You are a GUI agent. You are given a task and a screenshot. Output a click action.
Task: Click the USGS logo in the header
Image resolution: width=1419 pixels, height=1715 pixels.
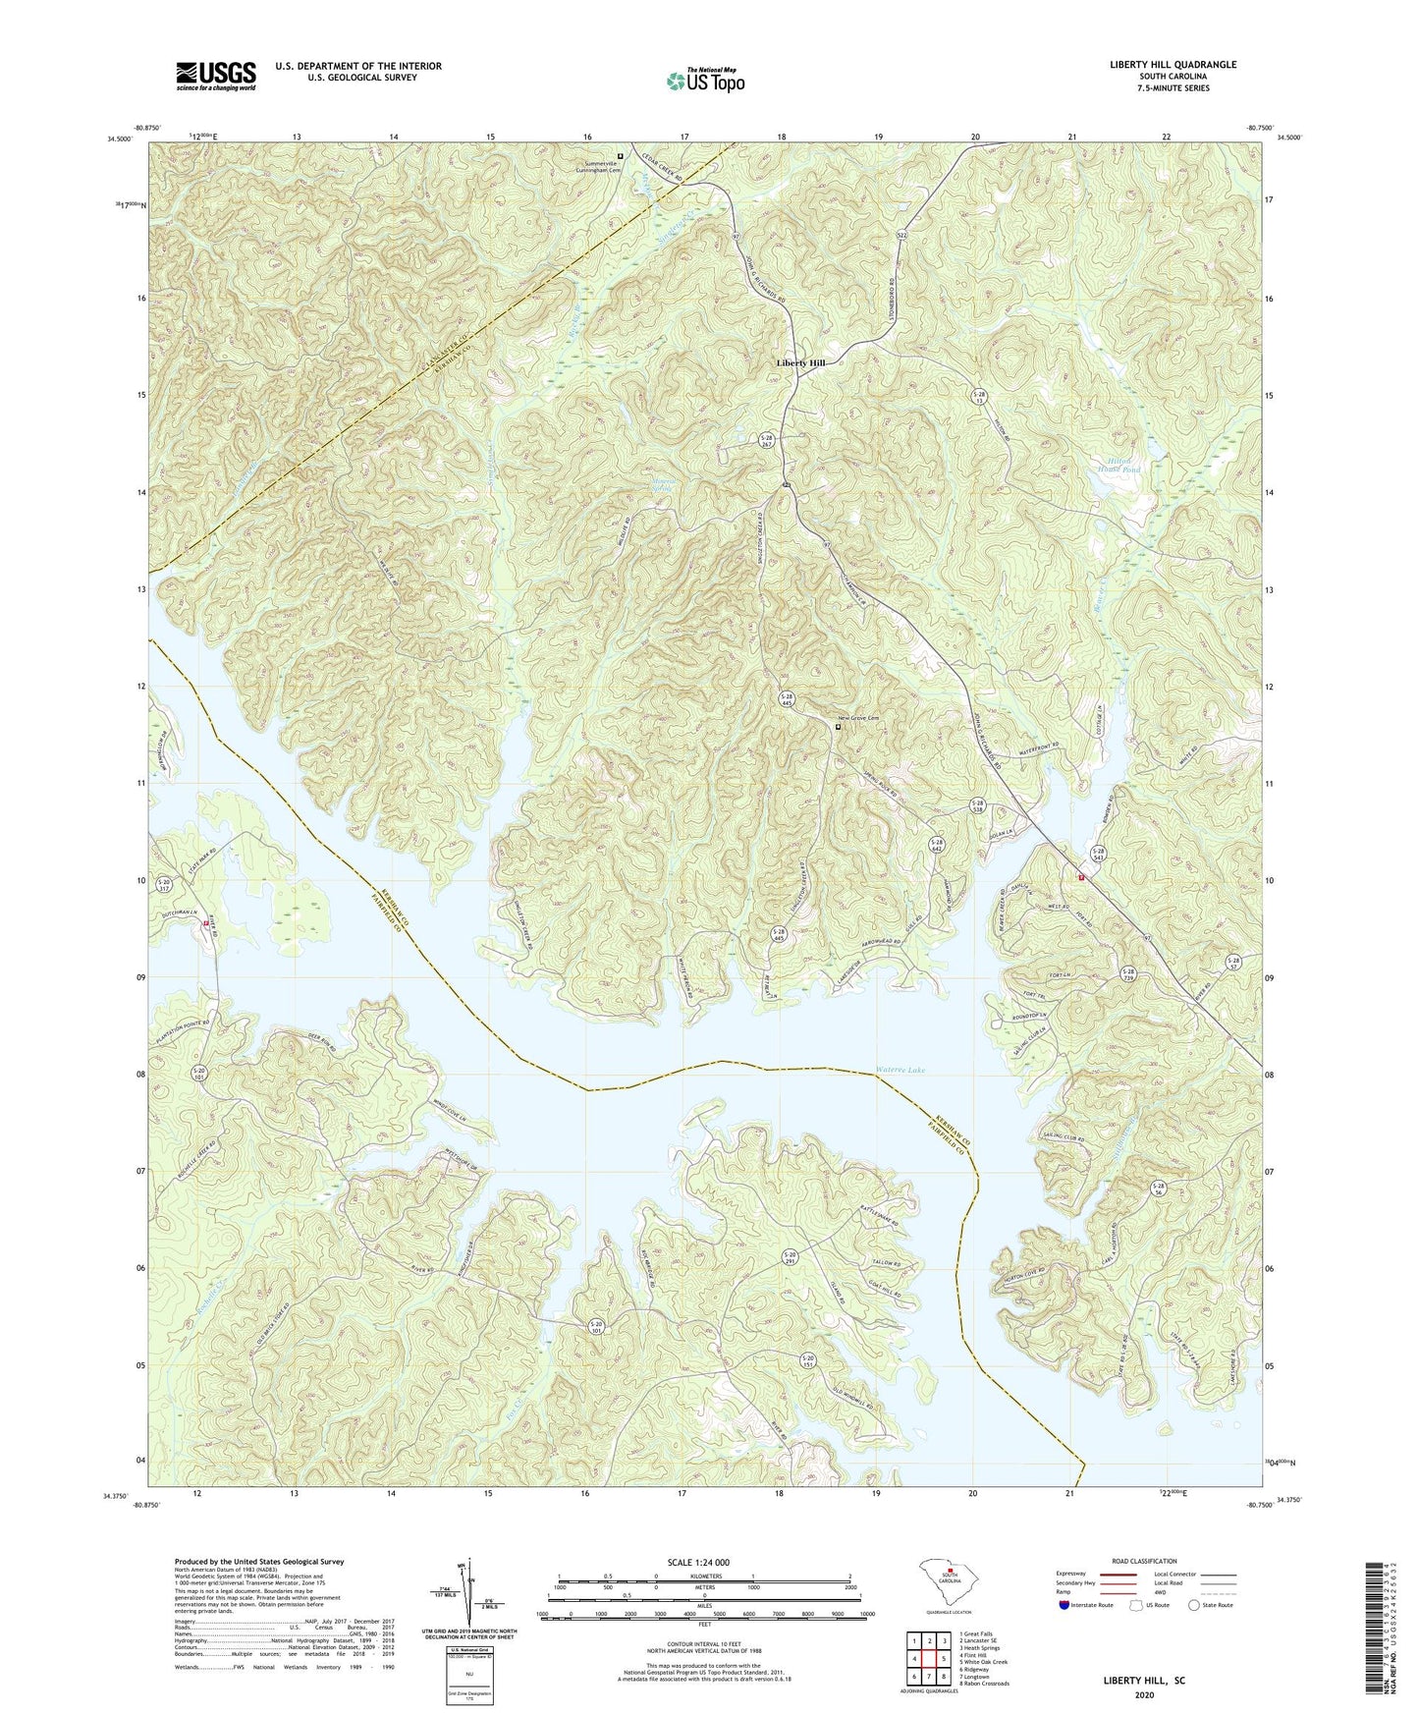click(216, 76)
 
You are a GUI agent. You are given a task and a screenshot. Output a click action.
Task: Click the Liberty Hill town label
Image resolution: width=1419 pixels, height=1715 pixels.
click(800, 363)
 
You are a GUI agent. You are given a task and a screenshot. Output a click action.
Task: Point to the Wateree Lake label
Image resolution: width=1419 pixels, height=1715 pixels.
click(901, 1070)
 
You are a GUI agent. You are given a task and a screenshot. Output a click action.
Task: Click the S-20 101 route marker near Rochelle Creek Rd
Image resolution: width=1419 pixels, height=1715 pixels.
click(199, 1073)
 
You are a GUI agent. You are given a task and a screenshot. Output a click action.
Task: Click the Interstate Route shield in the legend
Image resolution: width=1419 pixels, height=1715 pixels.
click(1065, 1605)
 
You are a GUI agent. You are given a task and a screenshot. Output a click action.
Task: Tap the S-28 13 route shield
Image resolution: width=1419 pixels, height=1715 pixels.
click(978, 396)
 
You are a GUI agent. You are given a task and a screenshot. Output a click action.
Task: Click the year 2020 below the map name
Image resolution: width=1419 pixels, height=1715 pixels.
click(1144, 1694)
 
